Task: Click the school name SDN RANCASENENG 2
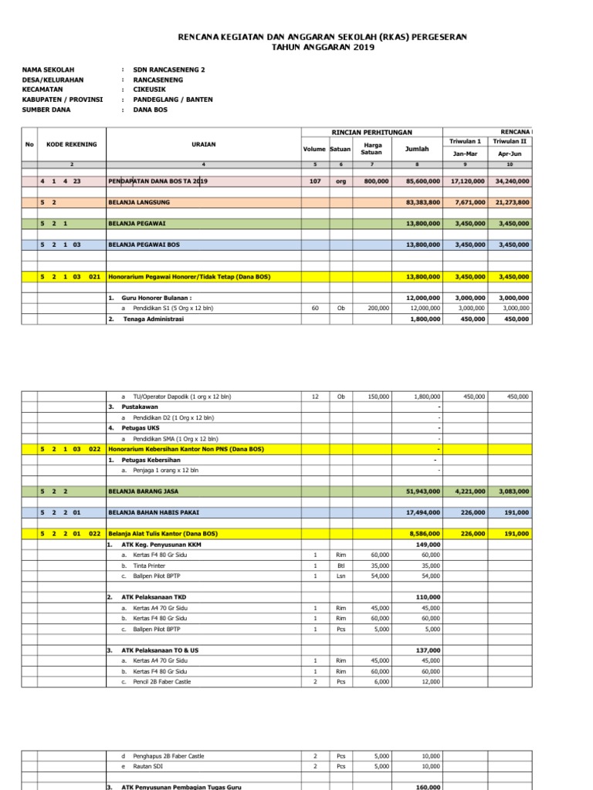[x=169, y=69]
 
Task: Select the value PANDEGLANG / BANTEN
[x=173, y=100]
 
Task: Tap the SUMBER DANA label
[x=46, y=110]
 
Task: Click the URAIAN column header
[x=203, y=144]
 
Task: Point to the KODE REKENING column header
[x=71, y=144]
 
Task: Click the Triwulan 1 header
[x=465, y=141]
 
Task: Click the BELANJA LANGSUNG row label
[x=140, y=202]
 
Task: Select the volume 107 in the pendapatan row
[x=314, y=181]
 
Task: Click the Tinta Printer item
[x=149, y=565]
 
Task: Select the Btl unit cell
[x=341, y=565]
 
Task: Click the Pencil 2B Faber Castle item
[x=162, y=681]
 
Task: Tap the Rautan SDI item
[x=147, y=766]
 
